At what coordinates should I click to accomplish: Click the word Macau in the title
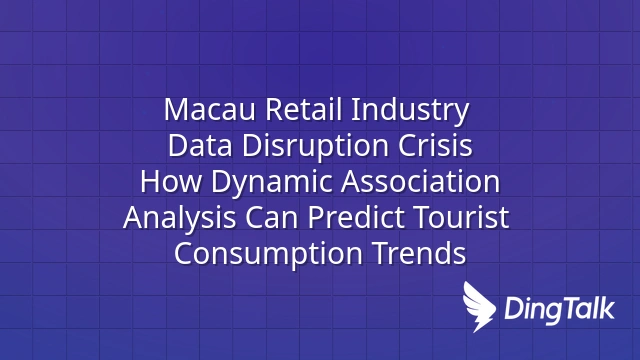click(210, 109)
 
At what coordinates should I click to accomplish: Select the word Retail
click(304, 109)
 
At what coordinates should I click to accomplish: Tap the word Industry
click(410, 110)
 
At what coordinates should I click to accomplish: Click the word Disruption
click(315, 147)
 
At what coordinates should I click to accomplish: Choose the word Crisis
click(435, 145)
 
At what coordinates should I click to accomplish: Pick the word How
click(171, 182)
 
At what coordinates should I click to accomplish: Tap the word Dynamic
click(271, 183)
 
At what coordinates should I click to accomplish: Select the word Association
click(420, 182)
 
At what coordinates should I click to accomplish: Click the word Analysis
click(179, 219)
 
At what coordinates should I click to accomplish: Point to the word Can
click(271, 218)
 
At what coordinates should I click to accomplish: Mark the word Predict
click(356, 218)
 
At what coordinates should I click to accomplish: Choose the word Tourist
click(461, 218)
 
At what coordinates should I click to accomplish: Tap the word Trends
click(419, 253)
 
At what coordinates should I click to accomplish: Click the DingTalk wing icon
click(478, 306)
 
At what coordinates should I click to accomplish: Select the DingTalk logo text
click(559, 309)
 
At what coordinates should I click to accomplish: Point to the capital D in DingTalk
click(513, 308)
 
